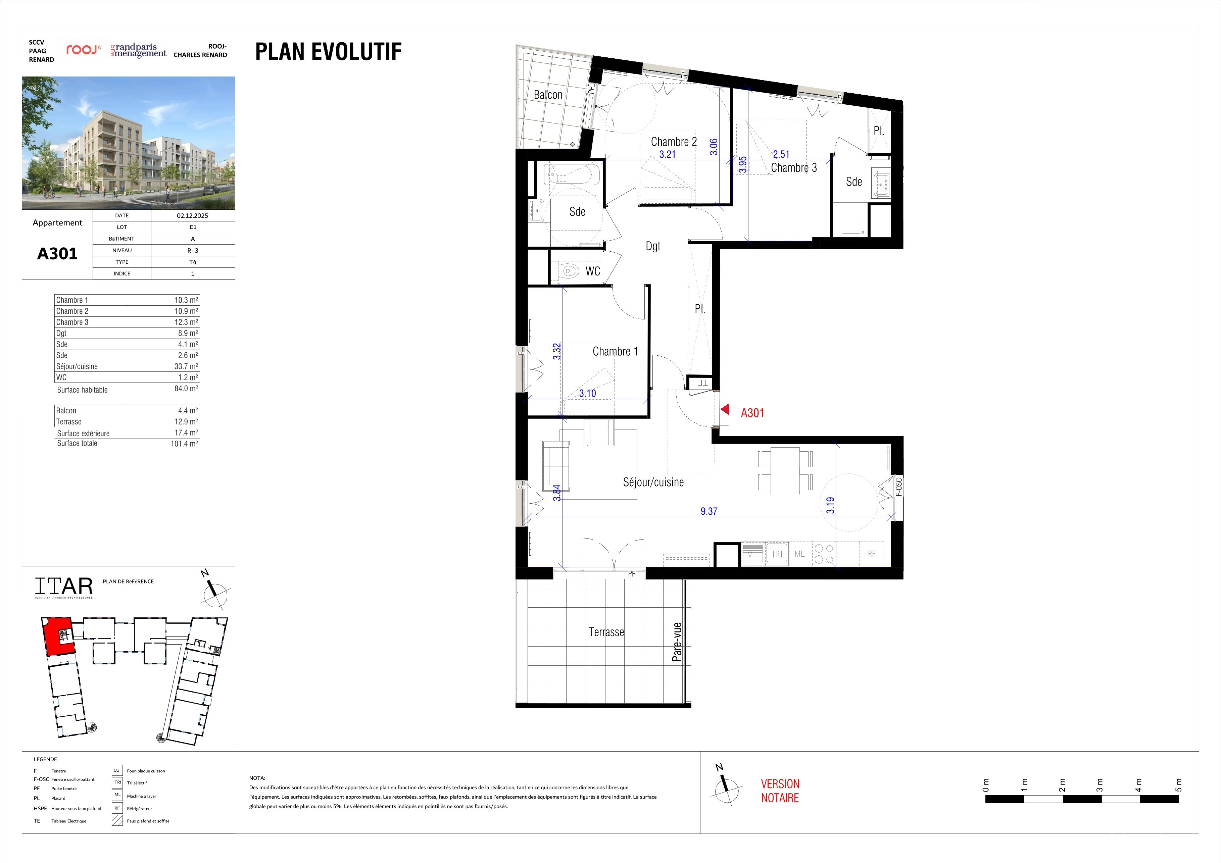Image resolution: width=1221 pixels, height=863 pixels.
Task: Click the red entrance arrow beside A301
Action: pos(724,409)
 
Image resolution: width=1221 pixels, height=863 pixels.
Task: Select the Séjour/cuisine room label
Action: pos(653,482)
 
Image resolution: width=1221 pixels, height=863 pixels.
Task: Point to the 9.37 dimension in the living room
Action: pos(709,511)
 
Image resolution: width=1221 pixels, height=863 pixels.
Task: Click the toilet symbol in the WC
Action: pos(569,271)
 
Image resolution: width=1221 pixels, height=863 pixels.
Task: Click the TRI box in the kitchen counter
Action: pos(777,554)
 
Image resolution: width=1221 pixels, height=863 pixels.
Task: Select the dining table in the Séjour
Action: pos(785,470)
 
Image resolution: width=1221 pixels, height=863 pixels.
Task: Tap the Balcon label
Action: pos(548,95)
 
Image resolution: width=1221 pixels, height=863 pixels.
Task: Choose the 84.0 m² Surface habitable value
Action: pos(186,389)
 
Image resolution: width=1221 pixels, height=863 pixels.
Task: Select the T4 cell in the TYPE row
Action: pos(193,262)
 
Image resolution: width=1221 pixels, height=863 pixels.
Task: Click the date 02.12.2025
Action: pos(193,215)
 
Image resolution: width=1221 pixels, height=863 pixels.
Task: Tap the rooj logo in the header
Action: pos(83,50)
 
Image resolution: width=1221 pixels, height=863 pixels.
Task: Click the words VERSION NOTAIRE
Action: pos(780,791)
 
